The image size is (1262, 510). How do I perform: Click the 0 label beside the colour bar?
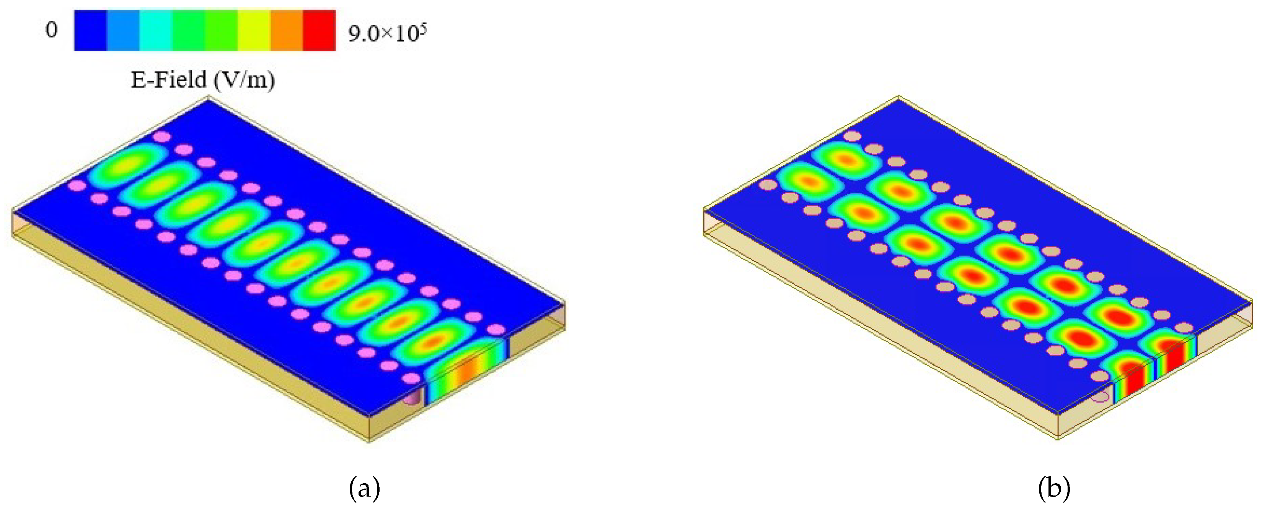[51, 30]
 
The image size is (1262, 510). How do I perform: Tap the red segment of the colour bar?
[320, 30]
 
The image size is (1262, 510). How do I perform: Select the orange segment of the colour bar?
[287, 30]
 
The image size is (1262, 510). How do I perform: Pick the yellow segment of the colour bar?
[254, 30]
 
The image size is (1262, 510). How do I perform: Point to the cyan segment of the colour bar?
[156, 30]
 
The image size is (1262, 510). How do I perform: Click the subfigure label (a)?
[365, 488]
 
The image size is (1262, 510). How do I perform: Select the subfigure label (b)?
[1054, 488]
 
